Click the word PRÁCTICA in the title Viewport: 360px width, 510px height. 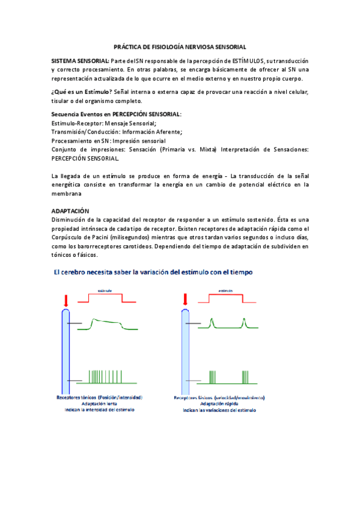pyautogui.click(x=128, y=46)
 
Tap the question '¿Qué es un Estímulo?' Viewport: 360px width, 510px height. pyautogui.click(x=82, y=91)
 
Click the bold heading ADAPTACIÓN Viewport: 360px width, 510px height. pyautogui.click(x=70, y=212)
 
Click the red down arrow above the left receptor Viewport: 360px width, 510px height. pyautogui.click(x=66, y=300)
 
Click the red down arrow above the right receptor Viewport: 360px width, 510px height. pyautogui.click(x=186, y=300)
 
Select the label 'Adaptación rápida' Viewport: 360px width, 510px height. pyautogui.click(x=219, y=404)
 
